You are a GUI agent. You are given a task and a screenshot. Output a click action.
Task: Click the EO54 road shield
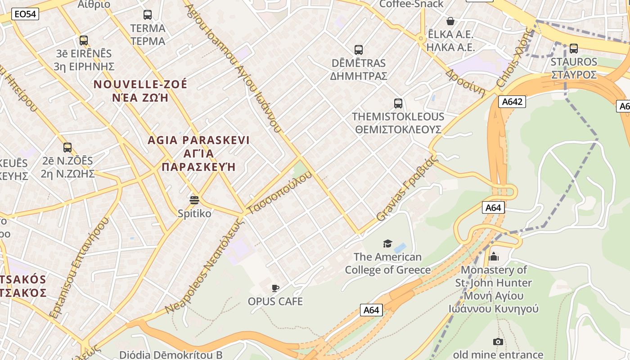(25, 14)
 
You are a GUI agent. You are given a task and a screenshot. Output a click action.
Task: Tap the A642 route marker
(512, 102)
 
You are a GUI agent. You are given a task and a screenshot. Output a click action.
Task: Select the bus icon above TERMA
(148, 15)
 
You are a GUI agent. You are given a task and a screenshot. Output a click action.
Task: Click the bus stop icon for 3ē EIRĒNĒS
(84, 40)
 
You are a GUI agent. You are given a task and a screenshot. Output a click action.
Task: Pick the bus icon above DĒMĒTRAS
(359, 50)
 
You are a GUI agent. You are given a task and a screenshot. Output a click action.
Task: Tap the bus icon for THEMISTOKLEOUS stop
(398, 103)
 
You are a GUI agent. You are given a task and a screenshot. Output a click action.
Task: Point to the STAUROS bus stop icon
(574, 49)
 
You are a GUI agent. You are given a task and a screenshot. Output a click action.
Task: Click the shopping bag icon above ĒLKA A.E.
(450, 21)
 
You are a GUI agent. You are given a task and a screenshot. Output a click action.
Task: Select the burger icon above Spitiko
(194, 200)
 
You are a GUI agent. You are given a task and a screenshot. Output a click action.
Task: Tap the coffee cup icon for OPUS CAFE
(275, 288)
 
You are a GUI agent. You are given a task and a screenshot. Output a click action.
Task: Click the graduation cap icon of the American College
(387, 244)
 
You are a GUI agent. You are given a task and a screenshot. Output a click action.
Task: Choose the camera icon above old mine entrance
(498, 342)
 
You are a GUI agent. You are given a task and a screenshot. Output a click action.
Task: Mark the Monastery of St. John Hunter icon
(494, 256)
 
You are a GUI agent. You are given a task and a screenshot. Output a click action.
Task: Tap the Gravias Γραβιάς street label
(407, 188)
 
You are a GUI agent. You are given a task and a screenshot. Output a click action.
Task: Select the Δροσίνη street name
(466, 83)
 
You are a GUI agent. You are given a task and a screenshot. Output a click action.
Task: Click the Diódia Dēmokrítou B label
(171, 355)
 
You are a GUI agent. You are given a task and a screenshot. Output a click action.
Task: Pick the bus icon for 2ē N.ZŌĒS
(67, 148)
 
